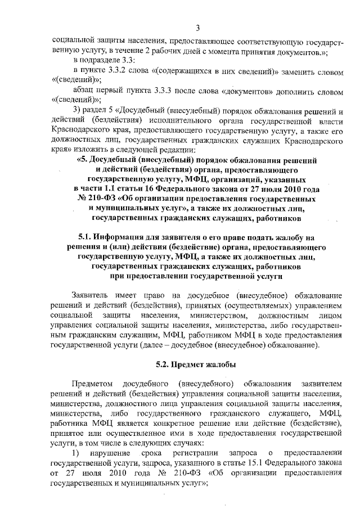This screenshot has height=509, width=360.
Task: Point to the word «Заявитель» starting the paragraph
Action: point(92,295)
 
